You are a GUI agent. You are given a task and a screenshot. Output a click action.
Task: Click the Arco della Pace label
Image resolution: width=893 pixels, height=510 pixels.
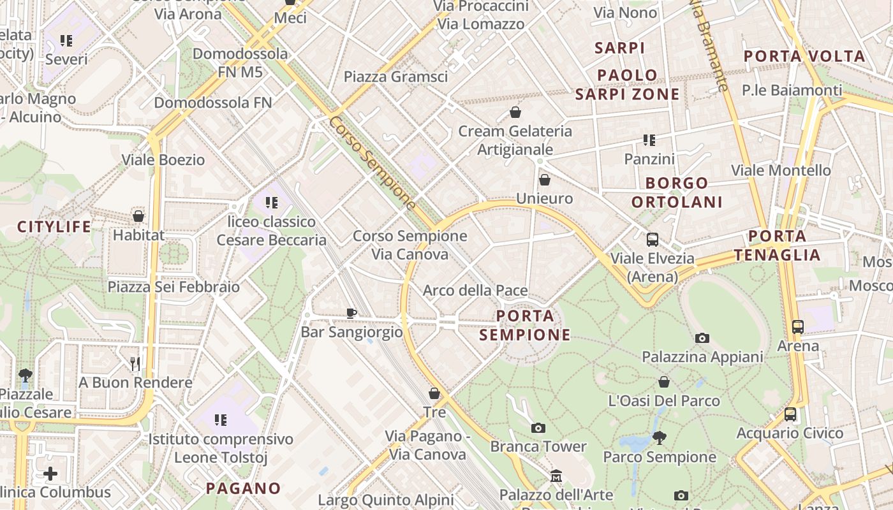coord(475,291)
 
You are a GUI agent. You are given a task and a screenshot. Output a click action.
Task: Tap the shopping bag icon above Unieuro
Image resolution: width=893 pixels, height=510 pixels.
coord(544,180)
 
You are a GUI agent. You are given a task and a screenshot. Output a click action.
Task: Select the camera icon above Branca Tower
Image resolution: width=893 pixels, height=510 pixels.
coord(538,428)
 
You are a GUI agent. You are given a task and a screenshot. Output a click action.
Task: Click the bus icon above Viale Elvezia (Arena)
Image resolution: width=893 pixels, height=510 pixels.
coord(652,240)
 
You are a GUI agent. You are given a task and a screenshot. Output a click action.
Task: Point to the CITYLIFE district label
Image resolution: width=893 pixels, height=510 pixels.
coord(54,227)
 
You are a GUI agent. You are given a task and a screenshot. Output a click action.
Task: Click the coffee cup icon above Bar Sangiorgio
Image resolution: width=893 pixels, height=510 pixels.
coord(351,313)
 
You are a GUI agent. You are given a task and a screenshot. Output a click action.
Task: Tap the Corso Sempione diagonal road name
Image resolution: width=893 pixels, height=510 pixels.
coord(373,163)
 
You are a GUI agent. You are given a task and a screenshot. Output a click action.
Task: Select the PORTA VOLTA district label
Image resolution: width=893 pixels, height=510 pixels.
coord(804,56)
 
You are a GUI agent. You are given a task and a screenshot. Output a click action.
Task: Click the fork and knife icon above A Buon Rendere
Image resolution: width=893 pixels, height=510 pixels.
coord(135,363)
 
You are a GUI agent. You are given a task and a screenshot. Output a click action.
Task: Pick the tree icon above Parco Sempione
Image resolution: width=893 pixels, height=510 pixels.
coord(659,438)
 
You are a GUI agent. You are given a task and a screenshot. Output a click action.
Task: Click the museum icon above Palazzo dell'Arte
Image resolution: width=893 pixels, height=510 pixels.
coord(556,476)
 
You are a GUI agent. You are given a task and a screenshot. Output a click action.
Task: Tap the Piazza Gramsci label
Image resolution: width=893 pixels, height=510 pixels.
coord(395,77)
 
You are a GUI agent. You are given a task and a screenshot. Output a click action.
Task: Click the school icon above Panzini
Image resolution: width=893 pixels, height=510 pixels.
coord(649,140)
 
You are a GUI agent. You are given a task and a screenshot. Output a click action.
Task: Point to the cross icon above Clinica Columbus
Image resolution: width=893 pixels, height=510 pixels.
coord(50,474)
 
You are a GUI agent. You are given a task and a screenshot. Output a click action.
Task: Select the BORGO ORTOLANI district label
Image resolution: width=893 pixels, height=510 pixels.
coord(677,193)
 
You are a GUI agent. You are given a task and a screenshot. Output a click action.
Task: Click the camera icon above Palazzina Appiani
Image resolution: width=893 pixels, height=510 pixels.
coord(702,338)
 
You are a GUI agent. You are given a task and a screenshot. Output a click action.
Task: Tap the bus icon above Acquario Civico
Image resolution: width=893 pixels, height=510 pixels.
coord(790,414)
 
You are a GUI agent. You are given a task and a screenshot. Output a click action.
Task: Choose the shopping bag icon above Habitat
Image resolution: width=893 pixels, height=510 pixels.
coord(138,216)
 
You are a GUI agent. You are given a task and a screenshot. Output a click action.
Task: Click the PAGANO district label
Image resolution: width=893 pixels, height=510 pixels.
coord(244,489)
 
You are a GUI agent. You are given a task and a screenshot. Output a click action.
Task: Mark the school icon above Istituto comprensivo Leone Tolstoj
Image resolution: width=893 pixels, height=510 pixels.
coord(221,420)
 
